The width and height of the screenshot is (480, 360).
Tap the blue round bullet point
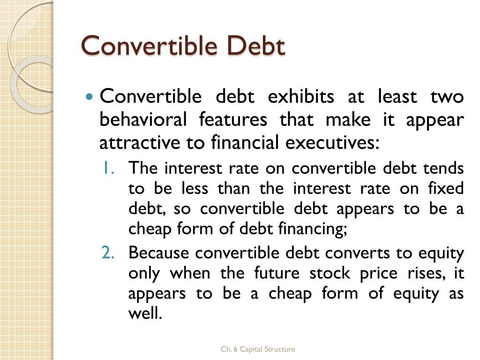pyautogui.click(x=90, y=97)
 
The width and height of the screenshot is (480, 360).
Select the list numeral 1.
pyautogui.click(x=108, y=168)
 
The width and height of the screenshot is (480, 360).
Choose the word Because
pyautogui.click(x=159, y=253)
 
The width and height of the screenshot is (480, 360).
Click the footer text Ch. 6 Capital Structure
pyautogui.click(x=258, y=349)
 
